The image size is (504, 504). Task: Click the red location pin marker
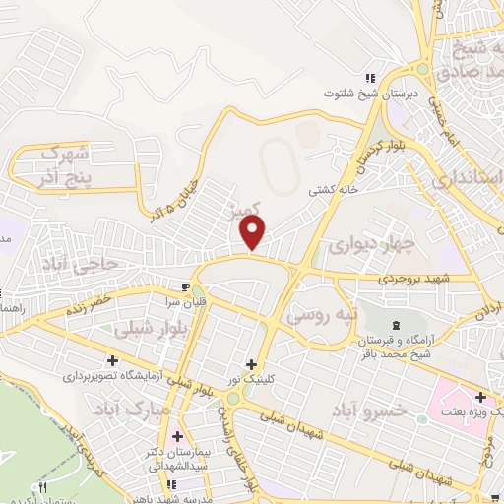click(254, 232)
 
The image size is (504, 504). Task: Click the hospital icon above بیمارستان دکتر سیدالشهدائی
click(177, 436)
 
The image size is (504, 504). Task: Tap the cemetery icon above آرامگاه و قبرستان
click(397, 325)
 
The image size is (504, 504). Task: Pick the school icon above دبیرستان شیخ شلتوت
click(370, 78)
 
